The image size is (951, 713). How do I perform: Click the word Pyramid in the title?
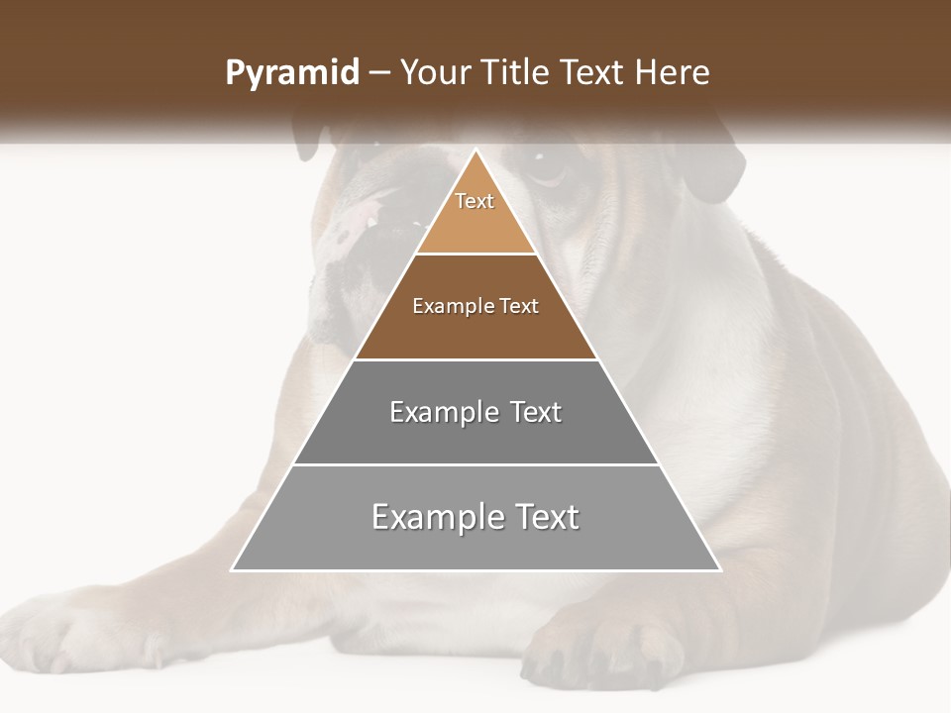[292, 73]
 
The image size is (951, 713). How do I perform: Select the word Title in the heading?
[520, 73]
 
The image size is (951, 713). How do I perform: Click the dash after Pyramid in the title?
[379, 74]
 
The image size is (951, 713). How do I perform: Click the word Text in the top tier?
[475, 201]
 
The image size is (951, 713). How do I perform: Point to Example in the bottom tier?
[436, 517]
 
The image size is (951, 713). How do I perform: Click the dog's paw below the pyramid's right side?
[604, 649]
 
